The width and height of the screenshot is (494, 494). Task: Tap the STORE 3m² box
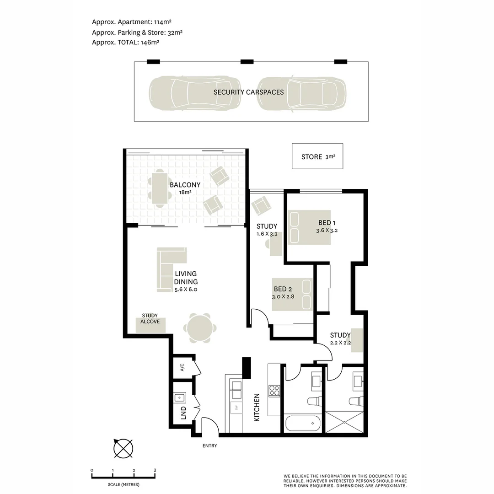click(317, 156)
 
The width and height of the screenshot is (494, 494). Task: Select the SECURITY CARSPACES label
click(248, 92)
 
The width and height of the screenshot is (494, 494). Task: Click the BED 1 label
click(327, 223)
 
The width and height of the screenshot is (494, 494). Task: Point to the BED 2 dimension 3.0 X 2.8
click(283, 296)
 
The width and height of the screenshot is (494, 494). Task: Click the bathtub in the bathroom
click(302, 423)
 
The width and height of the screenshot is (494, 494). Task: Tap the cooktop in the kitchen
click(274, 391)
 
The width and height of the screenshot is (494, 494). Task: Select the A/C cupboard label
click(182, 367)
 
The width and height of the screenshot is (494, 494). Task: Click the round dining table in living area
click(199, 328)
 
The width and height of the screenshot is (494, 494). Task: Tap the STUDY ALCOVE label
click(150, 318)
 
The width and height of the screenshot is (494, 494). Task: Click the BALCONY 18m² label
click(185, 188)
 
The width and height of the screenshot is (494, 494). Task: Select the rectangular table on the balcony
click(159, 188)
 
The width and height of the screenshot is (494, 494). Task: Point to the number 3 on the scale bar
click(155, 470)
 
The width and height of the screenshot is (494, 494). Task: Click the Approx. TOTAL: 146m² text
click(125, 42)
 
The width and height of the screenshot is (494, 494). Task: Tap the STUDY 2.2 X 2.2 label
click(340, 339)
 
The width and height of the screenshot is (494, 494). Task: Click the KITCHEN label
click(257, 407)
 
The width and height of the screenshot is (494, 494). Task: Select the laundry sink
click(179, 397)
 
